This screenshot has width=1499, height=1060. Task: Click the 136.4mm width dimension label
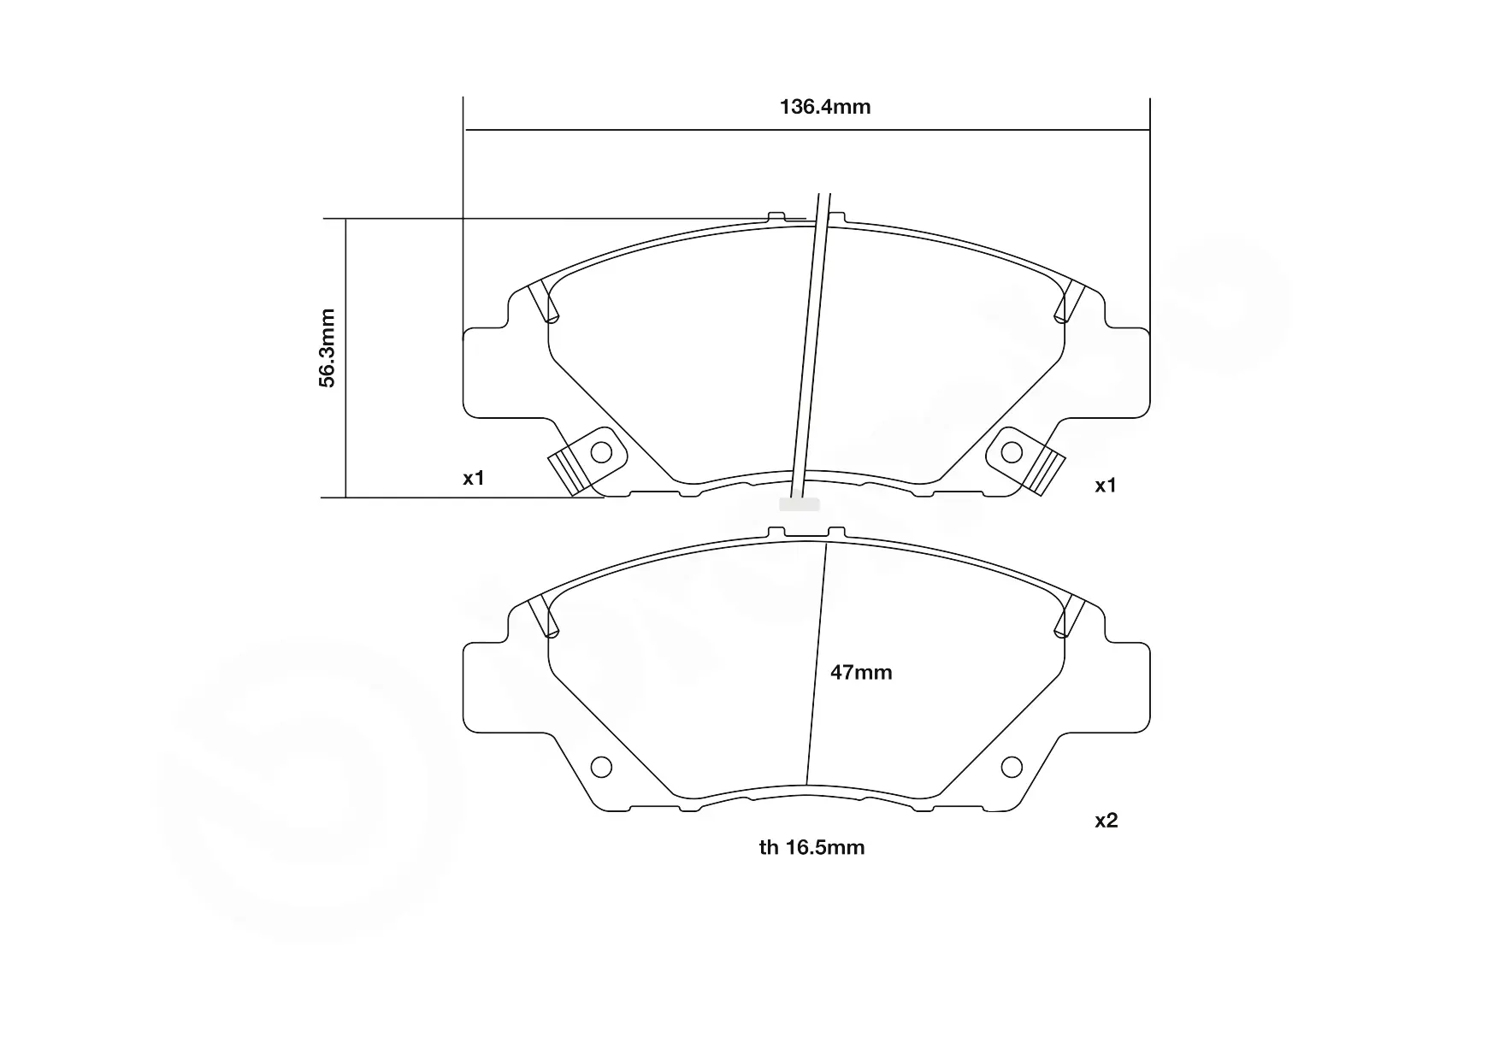coord(824,107)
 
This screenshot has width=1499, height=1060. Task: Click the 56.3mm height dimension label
coord(327,348)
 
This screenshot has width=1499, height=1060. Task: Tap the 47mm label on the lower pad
coord(861,673)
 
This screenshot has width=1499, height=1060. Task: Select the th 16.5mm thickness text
coord(811,847)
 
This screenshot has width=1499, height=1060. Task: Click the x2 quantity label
coord(1107,821)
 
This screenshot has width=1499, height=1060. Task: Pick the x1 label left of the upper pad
coord(474,478)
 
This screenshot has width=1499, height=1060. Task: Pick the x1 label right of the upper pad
coord(1106,486)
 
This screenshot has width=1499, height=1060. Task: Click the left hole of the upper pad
coord(602,452)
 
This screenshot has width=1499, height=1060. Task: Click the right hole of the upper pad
coord(1012,452)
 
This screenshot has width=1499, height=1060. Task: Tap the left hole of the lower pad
coord(602,767)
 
